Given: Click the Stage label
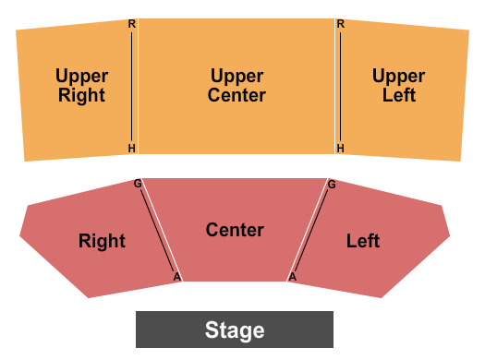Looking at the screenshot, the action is pyautogui.click(x=235, y=330).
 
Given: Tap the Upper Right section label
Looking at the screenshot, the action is pyautogui.click(x=81, y=86).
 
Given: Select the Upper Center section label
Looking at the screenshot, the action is pyautogui.click(x=236, y=86).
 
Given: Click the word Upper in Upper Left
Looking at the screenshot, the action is pyautogui.click(x=399, y=77).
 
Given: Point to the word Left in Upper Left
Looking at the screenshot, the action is pyautogui.click(x=399, y=95).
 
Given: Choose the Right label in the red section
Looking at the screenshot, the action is pyautogui.click(x=102, y=242).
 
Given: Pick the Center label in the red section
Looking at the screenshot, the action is pyautogui.click(x=235, y=230).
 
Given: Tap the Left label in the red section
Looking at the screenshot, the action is pyautogui.click(x=363, y=242).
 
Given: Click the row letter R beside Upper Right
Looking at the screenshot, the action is pyautogui.click(x=132, y=24).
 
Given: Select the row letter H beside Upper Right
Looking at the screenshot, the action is pyautogui.click(x=132, y=148).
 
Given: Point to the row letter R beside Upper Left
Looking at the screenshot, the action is pyautogui.click(x=340, y=24).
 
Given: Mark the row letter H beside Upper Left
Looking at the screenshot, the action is pyautogui.click(x=340, y=148).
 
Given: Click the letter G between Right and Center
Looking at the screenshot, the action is pyautogui.click(x=138, y=184).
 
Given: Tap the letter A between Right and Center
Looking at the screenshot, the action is pyautogui.click(x=176, y=276).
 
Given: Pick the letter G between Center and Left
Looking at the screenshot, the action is pyautogui.click(x=332, y=185).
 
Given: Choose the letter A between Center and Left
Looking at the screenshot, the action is pyautogui.click(x=293, y=276).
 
